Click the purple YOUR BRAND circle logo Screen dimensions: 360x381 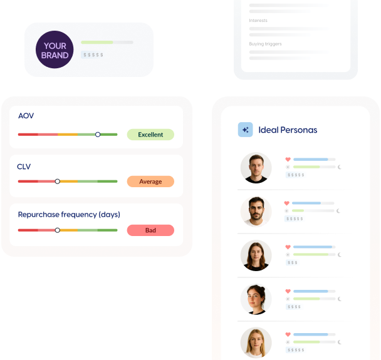point(55,49)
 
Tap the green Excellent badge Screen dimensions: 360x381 point(150,135)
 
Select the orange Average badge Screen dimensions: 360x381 point(150,182)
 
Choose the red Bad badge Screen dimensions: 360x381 point(150,230)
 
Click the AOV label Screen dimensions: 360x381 point(26,116)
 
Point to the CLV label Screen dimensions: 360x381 point(24,167)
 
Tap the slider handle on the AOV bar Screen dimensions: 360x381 point(98,134)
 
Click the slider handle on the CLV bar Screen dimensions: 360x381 point(58,181)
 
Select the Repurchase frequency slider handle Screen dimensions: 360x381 point(58,230)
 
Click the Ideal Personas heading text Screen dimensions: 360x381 point(288,130)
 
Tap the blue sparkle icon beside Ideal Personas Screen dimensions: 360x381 point(245,130)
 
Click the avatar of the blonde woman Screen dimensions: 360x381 point(256,342)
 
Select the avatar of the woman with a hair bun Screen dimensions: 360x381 point(256,299)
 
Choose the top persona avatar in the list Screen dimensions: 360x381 point(256,168)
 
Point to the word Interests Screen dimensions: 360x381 point(258,21)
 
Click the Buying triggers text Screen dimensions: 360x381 point(265,44)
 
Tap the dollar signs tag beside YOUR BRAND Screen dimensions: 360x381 point(93,55)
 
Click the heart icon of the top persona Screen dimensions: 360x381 point(288,159)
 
